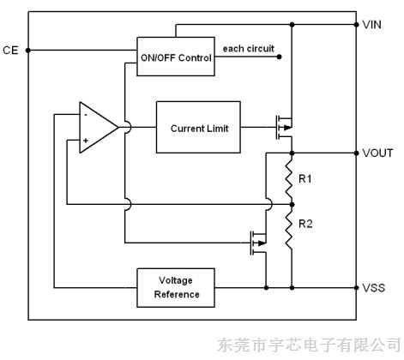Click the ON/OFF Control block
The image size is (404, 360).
(175, 57)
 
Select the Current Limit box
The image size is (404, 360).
(199, 128)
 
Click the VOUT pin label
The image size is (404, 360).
(377, 153)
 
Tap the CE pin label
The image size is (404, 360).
(10, 51)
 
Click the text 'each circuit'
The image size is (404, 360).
(248, 49)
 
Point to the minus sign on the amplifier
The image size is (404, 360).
(87, 115)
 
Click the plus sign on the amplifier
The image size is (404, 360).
(87, 140)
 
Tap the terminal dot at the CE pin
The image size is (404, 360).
(29, 51)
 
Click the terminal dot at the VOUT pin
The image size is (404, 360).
(357, 153)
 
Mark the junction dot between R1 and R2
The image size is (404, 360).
(292, 204)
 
